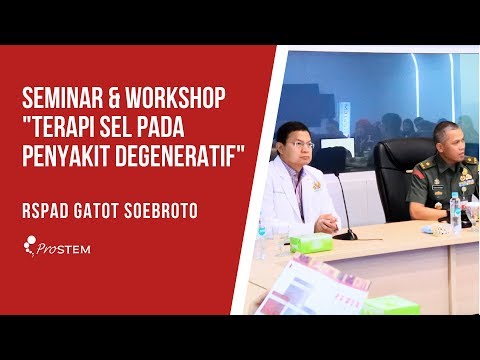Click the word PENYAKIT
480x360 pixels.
click(69, 159)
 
